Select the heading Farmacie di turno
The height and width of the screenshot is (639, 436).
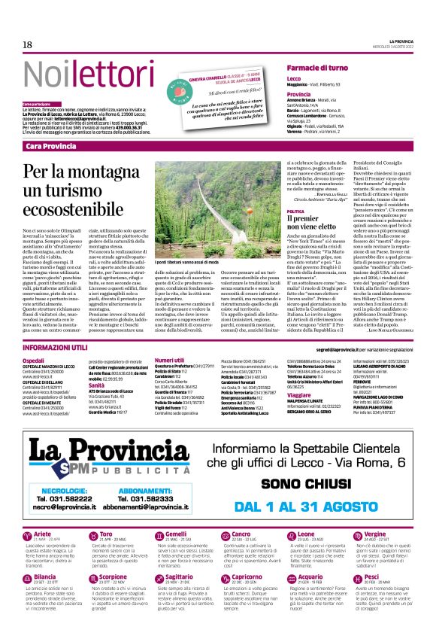pos(314,68)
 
